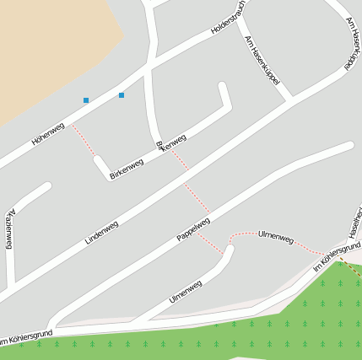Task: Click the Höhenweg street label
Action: (48, 134)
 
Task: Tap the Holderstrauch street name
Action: (228, 18)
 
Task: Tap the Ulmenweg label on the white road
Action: (186, 291)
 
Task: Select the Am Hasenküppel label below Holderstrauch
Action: (262, 64)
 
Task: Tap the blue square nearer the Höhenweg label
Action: (86, 100)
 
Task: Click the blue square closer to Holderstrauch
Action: (122, 95)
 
